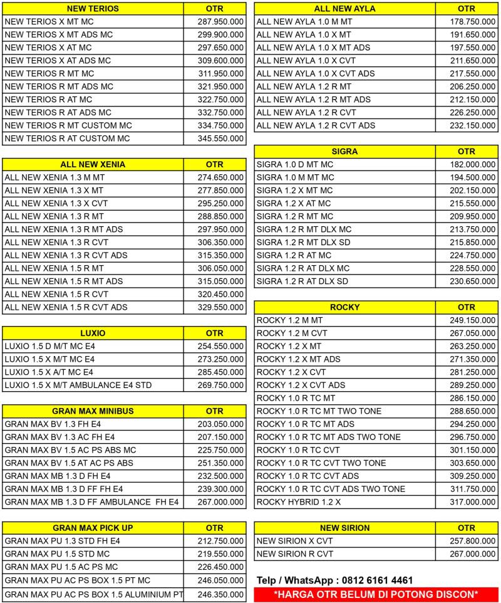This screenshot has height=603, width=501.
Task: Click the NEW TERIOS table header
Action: (93, 9)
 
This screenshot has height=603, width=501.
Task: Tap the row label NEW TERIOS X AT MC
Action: (48, 48)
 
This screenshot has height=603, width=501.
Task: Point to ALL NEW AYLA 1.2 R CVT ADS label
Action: (316, 125)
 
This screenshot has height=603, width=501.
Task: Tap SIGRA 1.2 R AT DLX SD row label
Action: (302, 281)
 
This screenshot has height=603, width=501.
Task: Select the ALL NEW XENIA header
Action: (93, 165)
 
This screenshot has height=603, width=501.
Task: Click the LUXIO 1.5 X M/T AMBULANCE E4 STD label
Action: (78, 385)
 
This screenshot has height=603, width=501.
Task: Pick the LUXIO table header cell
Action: (93, 333)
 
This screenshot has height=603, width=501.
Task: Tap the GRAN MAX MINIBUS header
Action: (93, 411)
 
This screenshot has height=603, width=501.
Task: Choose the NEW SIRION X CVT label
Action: (295, 541)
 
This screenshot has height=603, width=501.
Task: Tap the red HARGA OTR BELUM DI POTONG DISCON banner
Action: (376, 594)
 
